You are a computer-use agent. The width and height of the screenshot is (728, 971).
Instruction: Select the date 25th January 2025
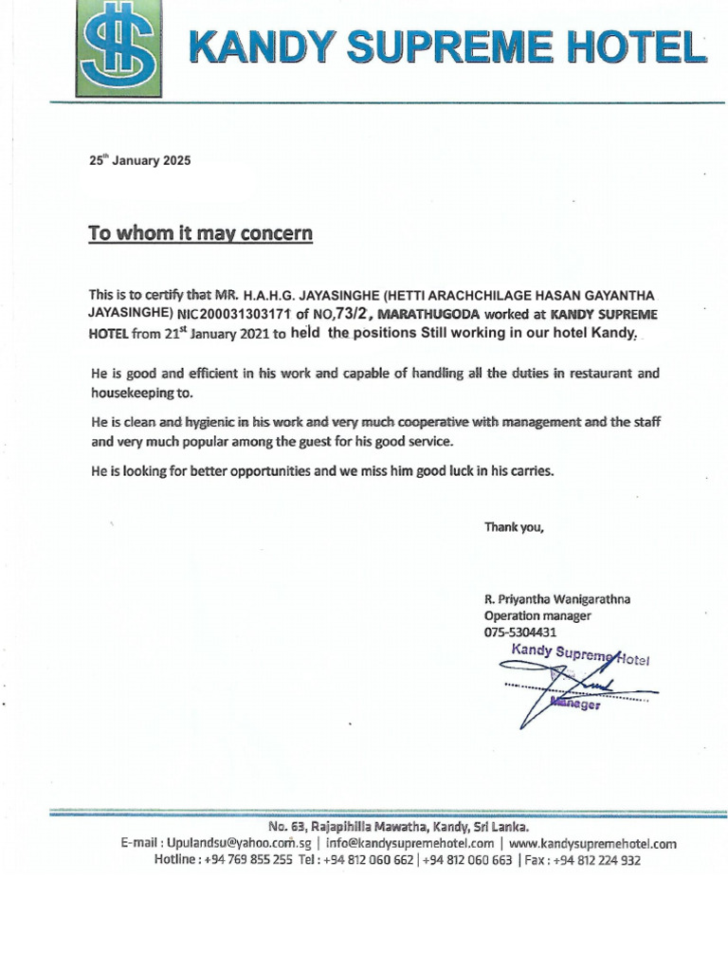tap(139, 160)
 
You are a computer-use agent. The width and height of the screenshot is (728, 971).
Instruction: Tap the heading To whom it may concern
tap(200, 233)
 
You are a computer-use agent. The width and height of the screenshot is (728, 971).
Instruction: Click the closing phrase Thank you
tap(514, 527)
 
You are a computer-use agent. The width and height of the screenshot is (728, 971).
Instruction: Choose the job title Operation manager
tap(537, 615)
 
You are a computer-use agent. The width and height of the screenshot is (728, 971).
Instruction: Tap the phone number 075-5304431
tap(519, 632)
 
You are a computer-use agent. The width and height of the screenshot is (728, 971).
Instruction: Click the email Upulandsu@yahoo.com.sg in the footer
tap(239, 843)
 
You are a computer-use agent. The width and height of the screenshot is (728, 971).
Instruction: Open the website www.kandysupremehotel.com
tap(592, 843)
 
